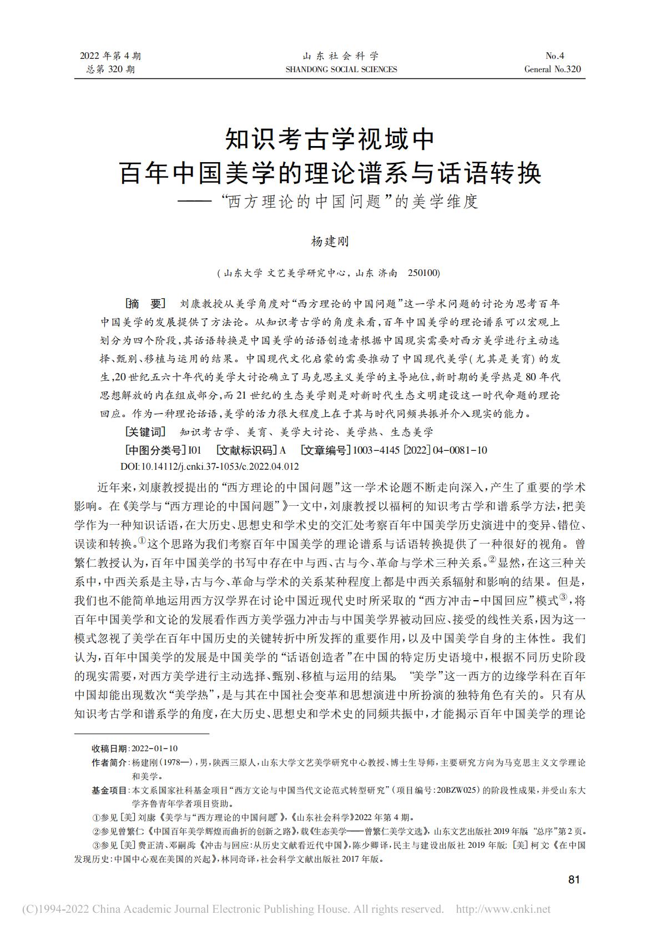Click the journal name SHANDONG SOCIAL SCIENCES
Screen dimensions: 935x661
click(x=341, y=69)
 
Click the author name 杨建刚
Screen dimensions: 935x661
click(x=329, y=242)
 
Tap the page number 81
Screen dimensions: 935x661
click(x=574, y=879)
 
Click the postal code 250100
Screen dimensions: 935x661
click(x=423, y=273)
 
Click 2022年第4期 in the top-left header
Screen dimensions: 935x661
click(x=111, y=56)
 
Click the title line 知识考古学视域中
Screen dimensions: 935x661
click(x=330, y=139)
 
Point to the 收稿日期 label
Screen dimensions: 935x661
click(x=110, y=749)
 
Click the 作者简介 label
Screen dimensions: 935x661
click(x=109, y=763)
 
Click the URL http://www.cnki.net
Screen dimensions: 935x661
click(x=503, y=909)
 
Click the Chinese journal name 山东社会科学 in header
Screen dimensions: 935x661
click(x=341, y=56)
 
